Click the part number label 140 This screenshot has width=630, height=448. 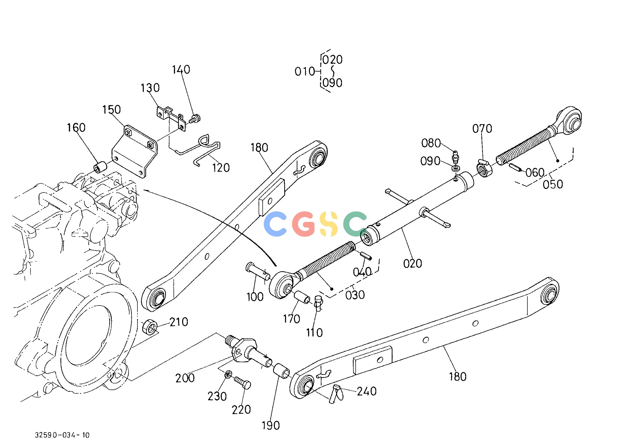click(x=181, y=70)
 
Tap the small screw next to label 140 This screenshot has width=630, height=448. click(x=195, y=119)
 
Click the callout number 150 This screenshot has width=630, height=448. click(x=112, y=110)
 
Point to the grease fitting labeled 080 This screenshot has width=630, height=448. click(x=455, y=157)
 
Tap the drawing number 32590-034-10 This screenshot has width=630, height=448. click(x=62, y=435)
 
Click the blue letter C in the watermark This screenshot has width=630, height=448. click(x=275, y=224)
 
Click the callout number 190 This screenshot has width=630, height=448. click(x=271, y=425)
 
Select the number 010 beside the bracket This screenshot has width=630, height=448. click(x=305, y=72)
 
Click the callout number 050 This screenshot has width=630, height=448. click(x=553, y=184)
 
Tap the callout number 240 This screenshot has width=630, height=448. click(x=367, y=391)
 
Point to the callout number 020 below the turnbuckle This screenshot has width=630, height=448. click(x=413, y=264)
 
